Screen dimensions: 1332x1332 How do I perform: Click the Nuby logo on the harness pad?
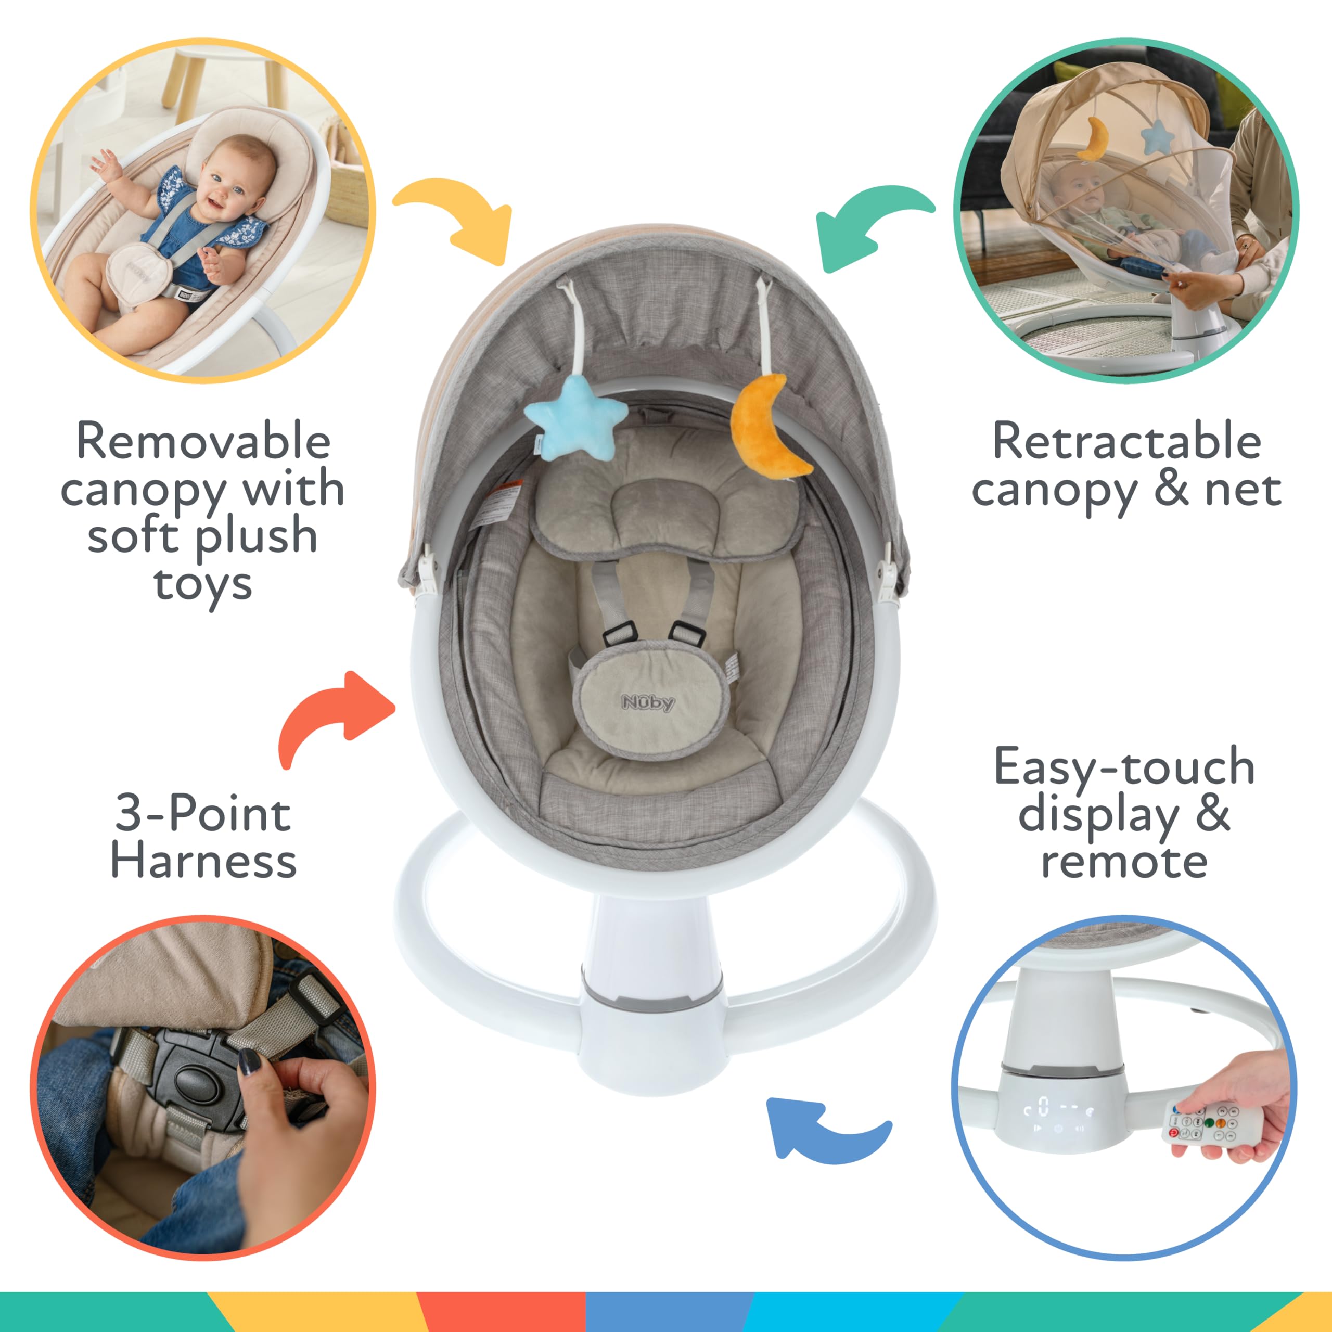(648, 702)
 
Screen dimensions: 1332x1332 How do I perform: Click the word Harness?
(203, 861)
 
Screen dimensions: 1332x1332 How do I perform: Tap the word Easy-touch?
(1124, 766)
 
